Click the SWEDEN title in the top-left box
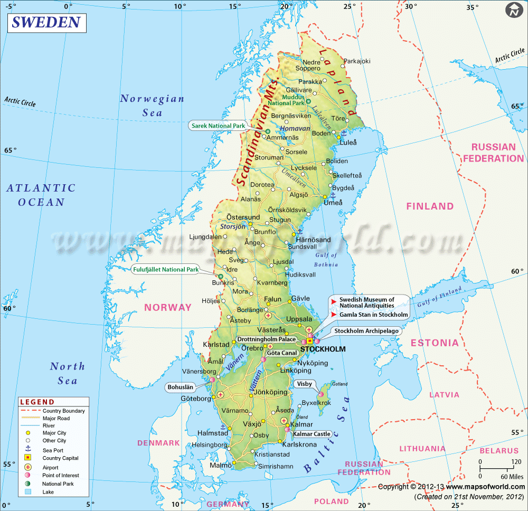click(x=46, y=23)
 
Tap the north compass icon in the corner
click(x=513, y=10)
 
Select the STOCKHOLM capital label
click(x=323, y=349)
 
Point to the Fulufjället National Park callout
click(x=165, y=269)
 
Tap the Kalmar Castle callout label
click(x=316, y=434)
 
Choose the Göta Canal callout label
click(x=282, y=353)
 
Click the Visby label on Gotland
click(x=305, y=384)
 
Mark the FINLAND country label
click(x=429, y=206)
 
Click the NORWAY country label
click(x=168, y=307)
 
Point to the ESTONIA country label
click(x=435, y=343)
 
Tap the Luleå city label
click(x=348, y=143)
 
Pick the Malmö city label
click(x=220, y=466)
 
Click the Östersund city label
click(x=243, y=217)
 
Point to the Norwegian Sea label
click(x=152, y=105)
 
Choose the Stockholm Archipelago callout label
click(x=366, y=331)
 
